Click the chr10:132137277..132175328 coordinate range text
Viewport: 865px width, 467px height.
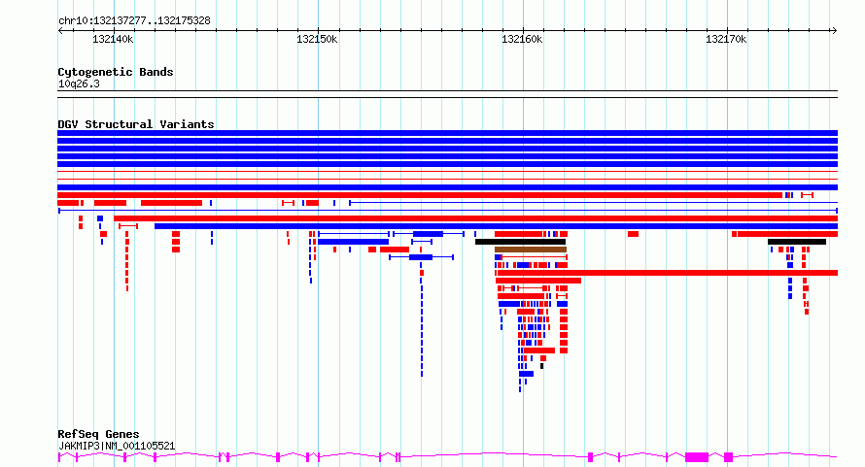point(134,21)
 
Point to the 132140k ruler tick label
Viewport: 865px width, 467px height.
point(113,39)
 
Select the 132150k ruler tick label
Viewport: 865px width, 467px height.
point(317,39)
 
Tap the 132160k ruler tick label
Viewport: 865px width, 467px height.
point(522,39)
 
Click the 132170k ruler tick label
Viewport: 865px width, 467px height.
point(726,39)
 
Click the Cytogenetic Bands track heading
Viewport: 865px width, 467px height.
point(116,72)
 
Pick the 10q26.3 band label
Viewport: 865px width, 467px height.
point(79,83)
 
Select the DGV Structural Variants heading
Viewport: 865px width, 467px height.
point(136,124)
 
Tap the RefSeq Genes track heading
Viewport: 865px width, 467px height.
point(99,434)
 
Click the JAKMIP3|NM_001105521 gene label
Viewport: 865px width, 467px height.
point(117,446)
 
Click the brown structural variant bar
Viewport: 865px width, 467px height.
point(531,250)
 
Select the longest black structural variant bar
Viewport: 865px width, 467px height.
point(520,242)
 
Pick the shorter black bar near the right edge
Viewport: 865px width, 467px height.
point(797,242)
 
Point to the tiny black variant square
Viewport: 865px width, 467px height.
point(541,366)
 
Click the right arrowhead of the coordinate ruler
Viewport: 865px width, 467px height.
point(835,30)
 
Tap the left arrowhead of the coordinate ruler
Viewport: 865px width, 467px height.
point(60,30)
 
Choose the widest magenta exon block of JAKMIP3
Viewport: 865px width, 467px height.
point(697,457)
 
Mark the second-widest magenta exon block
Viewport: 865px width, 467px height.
point(728,457)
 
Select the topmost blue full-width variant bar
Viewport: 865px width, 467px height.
point(447,133)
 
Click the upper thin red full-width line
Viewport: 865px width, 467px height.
point(447,172)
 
